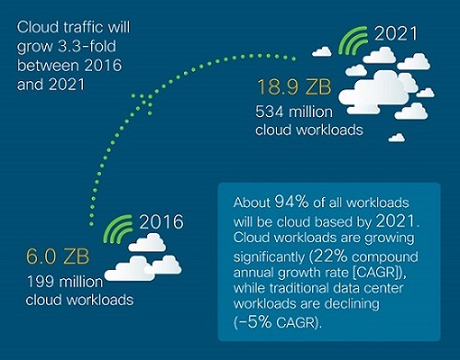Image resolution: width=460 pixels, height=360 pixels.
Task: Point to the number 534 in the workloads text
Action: coord(270,112)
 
